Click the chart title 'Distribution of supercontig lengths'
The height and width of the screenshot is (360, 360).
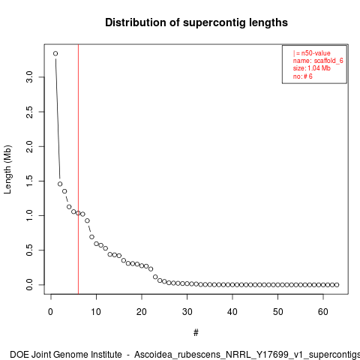tap(196, 22)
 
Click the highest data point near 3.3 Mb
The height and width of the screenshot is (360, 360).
tap(55, 53)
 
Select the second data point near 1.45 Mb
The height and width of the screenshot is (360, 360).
tap(60, 184)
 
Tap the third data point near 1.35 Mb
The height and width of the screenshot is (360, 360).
tap(64, 191)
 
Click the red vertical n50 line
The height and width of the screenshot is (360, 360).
tap(78, 169)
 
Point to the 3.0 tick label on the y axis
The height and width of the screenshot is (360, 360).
tap(29, 77)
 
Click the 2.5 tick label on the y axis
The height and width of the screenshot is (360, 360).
tap(29, 112)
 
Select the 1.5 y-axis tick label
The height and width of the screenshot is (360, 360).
tap(29, 181)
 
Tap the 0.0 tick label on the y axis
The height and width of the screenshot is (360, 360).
tap(29, 285)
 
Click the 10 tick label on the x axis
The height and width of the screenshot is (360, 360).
tap(96, 312)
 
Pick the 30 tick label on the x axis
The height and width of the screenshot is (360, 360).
tap(187, 312)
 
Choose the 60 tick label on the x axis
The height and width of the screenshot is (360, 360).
tap(323, 312)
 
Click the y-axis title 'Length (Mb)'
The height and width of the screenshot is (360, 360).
tap(7, 169)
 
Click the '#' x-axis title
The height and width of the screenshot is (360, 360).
tap(196, 333)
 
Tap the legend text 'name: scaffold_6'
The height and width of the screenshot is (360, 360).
tap(318, 61)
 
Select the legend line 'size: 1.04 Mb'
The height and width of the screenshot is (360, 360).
tap(312, 68)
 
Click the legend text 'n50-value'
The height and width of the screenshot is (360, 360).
tap(316, 53)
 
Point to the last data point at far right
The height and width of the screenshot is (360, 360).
tap(337, 285)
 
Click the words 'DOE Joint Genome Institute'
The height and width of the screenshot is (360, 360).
tap(66, 355)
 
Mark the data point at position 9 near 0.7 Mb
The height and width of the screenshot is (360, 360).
tap(91, 237)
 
